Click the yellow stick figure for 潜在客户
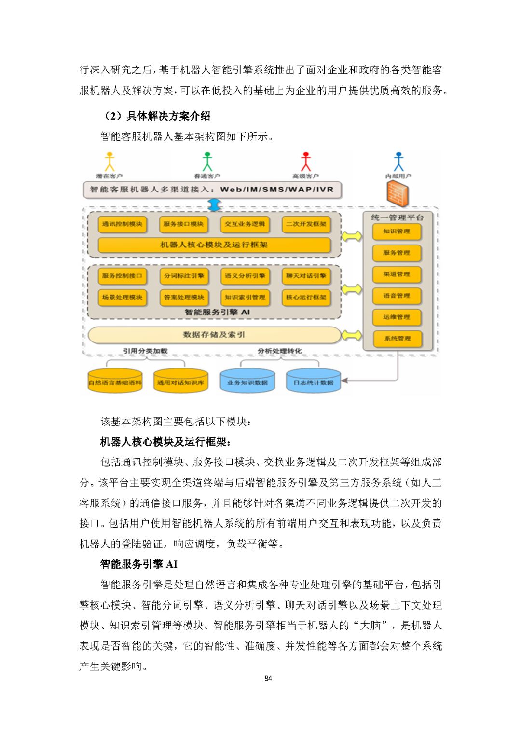pos(110,162)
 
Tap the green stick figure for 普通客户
pos(207,162)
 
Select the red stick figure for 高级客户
pos(306,162)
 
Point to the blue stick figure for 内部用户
pos(398,162)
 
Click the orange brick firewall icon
pos(398,193)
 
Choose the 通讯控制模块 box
pos(122,224)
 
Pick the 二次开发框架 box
pos(306,224)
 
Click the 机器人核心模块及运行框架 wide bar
pos(214,245)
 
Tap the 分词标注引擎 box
pos(184,276)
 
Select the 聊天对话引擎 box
pos(306,276)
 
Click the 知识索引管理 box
pos(245,297)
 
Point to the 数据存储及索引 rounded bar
pos(214,334)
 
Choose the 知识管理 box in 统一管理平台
pos(397,232)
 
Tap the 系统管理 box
pos(397,339)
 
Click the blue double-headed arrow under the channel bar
pos(214,205)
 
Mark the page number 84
pos(268,678)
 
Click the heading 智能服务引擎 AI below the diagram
pos(139,564)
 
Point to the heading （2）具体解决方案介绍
pos(156,116)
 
